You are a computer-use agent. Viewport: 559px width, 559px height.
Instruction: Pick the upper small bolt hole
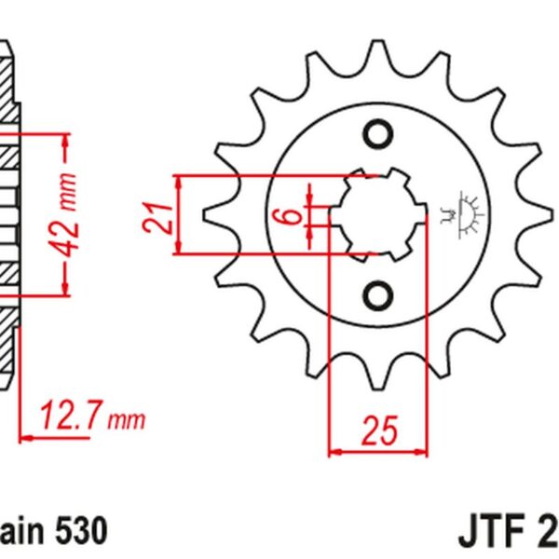(x=378, y=133)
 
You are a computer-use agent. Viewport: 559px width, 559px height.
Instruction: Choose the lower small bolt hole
(x=378, y=295)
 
